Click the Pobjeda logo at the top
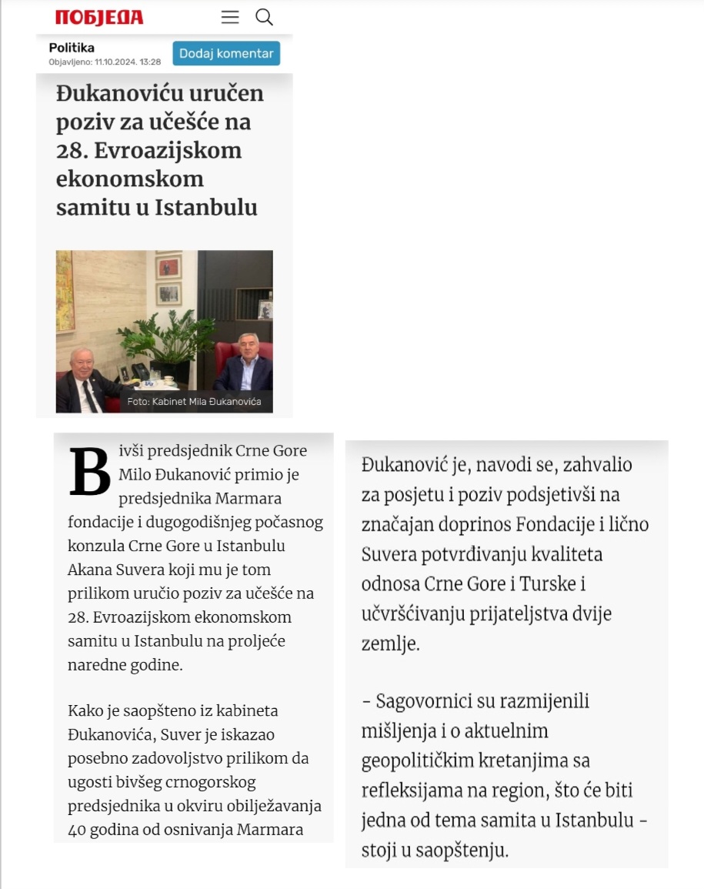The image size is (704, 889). point(99,18)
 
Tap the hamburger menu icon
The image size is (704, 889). point(230,17)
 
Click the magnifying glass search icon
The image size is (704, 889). point(264,17)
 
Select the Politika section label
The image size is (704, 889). point(72,48)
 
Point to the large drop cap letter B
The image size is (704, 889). point(90,470)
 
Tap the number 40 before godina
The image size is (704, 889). point(78,830)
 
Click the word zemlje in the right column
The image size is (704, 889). point(391,644)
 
